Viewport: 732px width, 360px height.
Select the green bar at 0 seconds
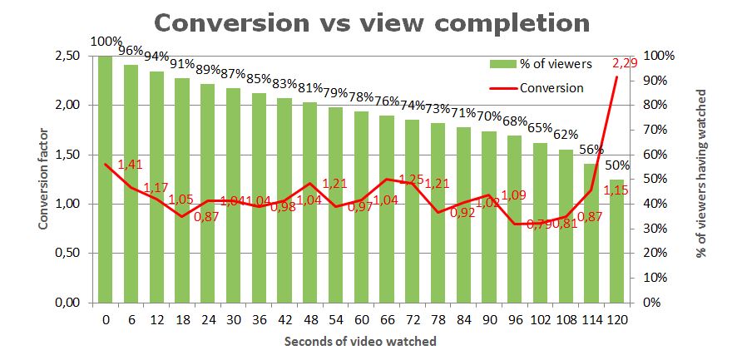(105, 179)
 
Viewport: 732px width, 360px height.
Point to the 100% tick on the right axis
(657, 56)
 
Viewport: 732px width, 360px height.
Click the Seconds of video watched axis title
(359, 342)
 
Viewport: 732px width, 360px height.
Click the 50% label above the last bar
(617, 165)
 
